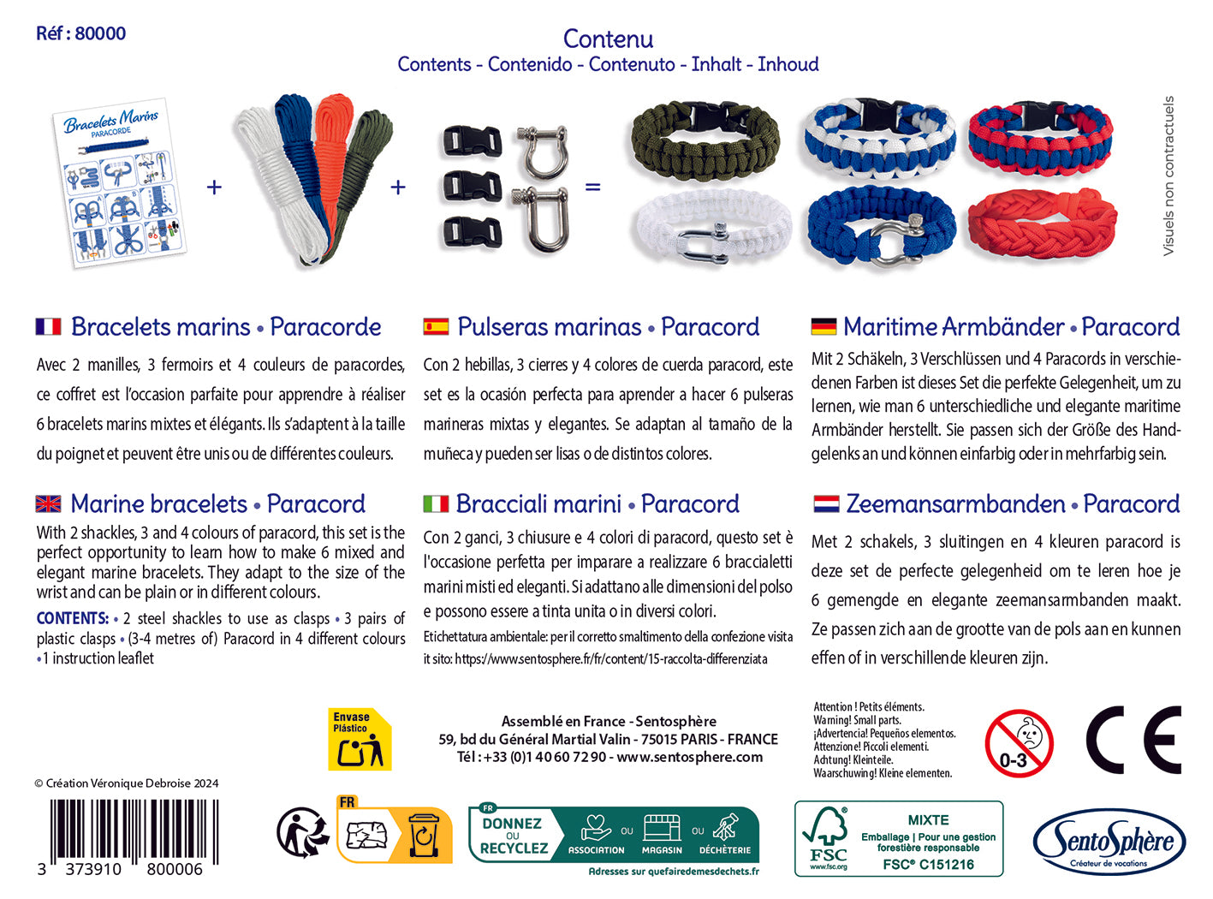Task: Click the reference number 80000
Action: click(100, 33)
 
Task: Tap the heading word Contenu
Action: click(608, 39)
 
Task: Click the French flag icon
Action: click(49, 326)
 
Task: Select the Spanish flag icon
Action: click(436, 326)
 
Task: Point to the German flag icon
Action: click(824, 326)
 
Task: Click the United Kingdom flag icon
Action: click(49, 503)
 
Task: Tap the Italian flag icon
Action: click(436, 503)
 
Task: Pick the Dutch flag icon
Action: click(826, 503)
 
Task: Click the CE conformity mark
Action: click(1133, 741)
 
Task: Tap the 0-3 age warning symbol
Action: click(1019, 742)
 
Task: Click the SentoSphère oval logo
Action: click(1109, 842)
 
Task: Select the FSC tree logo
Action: click(828, 837)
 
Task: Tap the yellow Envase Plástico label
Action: click(360, 739)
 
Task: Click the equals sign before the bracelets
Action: click(592, 186)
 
